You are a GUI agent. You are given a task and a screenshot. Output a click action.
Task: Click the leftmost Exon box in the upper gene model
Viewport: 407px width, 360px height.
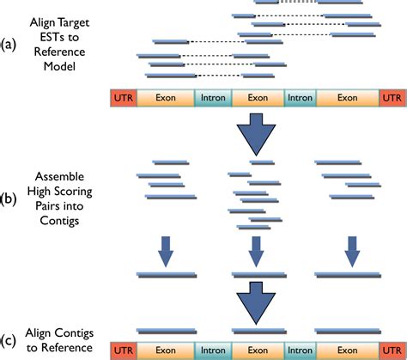166,98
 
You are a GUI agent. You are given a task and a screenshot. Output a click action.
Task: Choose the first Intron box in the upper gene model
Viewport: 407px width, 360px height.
212,98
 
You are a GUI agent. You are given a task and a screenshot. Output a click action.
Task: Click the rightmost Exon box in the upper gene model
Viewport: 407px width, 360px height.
348,98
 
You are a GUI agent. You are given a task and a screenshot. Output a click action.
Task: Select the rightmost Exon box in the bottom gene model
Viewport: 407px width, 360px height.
348,351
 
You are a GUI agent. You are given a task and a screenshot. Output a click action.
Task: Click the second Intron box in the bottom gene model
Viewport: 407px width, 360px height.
300,351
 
